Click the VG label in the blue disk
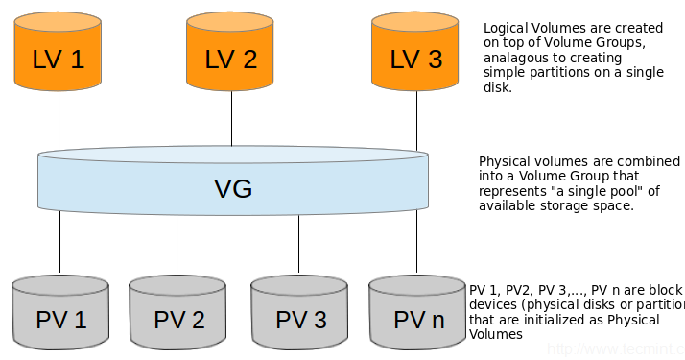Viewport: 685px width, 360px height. [233, 188]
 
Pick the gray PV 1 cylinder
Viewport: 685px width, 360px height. [60, 314]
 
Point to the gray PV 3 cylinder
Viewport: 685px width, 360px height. [300, 314]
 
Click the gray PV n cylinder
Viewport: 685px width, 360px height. [418, 314]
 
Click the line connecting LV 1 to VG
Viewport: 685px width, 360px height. [59, 123]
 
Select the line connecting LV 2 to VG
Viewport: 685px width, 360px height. [231, 123]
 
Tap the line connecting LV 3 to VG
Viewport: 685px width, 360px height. [416, 123]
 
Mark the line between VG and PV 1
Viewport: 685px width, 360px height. [60, 245]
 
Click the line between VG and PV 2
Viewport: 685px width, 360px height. [177, 245]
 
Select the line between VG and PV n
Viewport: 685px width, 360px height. [416, 245]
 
